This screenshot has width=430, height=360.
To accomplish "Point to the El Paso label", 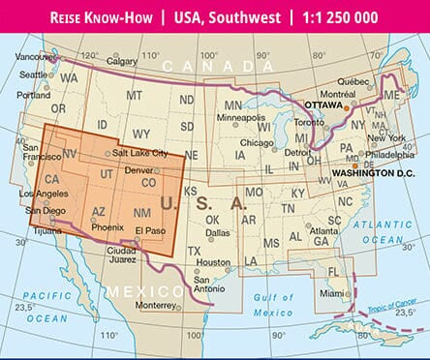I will (151, 230).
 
